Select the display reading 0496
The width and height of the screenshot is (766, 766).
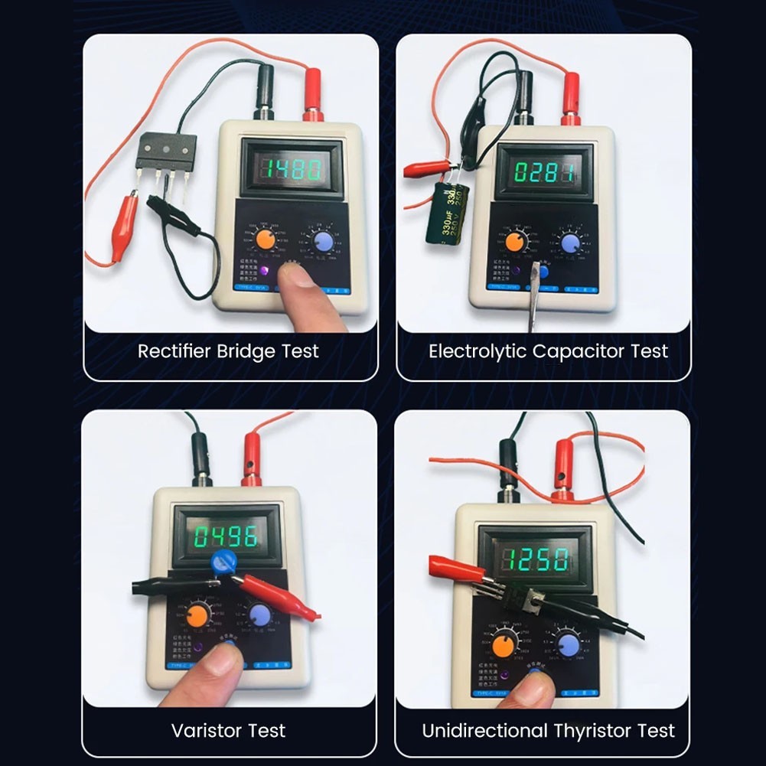(224, 536)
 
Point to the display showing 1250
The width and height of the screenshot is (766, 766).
(535, 558)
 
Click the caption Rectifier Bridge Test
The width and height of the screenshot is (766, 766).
(228, 351)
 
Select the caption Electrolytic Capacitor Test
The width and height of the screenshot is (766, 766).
(548, 351)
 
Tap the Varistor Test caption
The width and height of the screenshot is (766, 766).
(228, 730)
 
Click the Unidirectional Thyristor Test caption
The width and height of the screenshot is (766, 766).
(548, 730)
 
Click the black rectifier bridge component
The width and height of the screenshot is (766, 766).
(166, 152)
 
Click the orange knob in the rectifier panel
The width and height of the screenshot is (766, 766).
(266, 239)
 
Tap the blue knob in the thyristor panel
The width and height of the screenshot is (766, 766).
(567, 642)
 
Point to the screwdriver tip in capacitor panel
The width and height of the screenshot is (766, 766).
(535, 273)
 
